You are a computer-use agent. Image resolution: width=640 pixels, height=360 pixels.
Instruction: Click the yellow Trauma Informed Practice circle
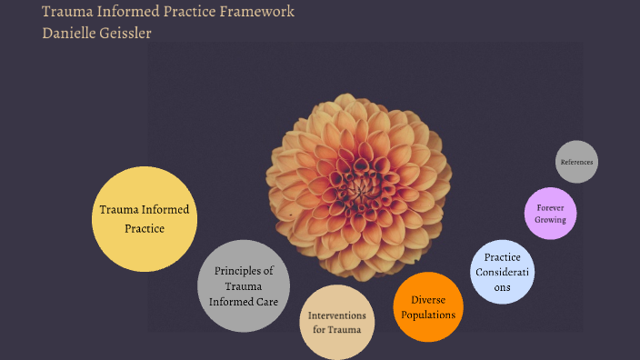point(145,219)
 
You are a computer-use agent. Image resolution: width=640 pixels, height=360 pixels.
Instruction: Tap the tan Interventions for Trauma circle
point(337,322)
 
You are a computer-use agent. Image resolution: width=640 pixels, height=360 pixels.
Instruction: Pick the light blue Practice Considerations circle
point(503,271)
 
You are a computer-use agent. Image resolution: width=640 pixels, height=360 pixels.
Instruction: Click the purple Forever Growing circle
point(551,213)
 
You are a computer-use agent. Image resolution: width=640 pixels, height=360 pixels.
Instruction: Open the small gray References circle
point(576,162)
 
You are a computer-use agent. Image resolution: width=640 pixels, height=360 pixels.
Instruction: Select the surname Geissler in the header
point(145,33)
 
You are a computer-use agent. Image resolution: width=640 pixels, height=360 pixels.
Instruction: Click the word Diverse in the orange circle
point(427,299)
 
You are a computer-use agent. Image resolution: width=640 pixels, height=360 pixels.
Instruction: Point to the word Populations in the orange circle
point(427,315)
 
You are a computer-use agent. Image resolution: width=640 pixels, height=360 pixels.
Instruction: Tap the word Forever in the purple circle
point(551,206)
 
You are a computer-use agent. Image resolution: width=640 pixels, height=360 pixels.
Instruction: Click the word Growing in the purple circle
point(551,219)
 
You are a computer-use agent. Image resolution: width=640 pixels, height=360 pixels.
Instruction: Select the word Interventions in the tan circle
point(337,315)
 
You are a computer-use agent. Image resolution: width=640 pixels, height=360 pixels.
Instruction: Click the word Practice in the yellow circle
point(145,228)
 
